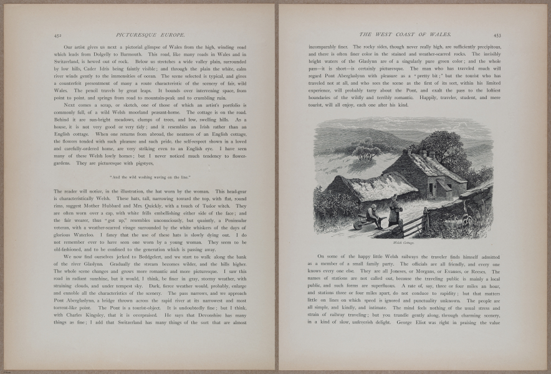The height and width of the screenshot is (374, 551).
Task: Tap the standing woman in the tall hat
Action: click(x=394, y=210)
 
